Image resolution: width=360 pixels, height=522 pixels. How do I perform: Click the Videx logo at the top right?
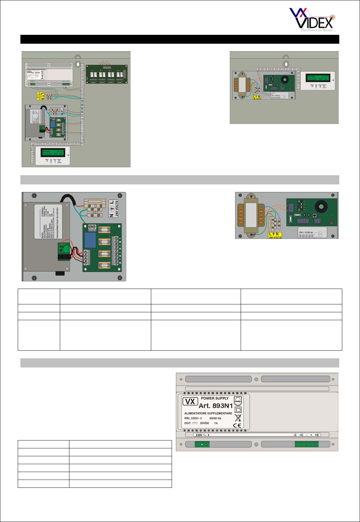coord(312,20)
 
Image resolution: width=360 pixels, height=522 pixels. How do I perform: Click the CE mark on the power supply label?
coord(237,425)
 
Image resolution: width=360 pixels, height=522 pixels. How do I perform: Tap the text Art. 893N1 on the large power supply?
coord(216,406)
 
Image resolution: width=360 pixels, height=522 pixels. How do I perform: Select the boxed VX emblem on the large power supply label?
coord(190,401)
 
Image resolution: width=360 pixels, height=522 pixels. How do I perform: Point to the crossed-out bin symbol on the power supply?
coord(238,417)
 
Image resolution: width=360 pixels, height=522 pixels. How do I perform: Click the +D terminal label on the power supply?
coord(317,435)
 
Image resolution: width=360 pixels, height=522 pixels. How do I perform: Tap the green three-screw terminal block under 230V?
coord(202,444)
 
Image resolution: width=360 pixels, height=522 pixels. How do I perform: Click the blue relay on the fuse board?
coord(90,240)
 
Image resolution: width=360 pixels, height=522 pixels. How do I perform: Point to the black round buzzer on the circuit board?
coord(321,207)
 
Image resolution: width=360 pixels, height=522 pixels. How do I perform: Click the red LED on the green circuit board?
coord(331,224)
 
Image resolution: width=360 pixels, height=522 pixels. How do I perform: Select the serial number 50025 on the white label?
coord(306,236)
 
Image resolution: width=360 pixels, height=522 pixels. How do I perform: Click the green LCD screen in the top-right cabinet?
coord(318,78)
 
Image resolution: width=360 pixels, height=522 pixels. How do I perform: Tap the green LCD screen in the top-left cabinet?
coord(53,153)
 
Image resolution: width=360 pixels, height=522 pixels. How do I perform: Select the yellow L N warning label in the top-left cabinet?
coord(40,96)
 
